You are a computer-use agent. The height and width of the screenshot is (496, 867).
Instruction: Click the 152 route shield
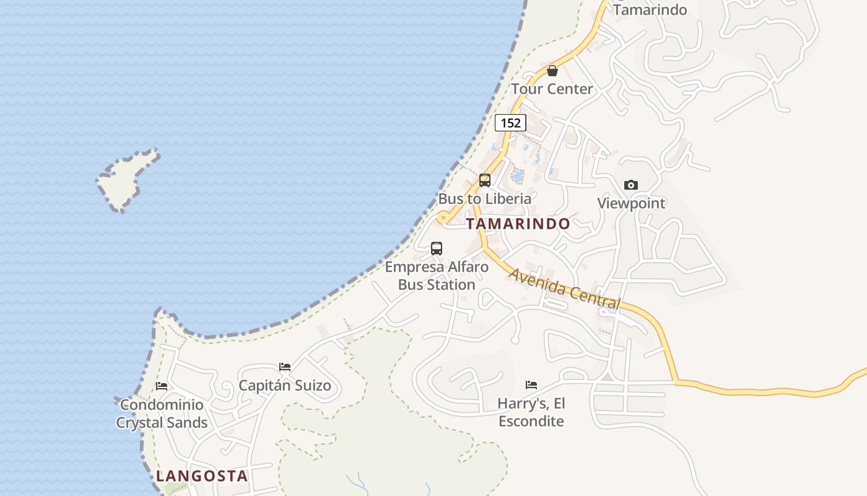510,123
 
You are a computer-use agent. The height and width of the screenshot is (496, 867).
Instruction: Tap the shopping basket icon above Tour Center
552,71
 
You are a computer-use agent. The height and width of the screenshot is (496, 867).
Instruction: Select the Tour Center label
552,89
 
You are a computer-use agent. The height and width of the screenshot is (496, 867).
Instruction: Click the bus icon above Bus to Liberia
485,180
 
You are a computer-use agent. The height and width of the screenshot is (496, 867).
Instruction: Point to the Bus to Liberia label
485,199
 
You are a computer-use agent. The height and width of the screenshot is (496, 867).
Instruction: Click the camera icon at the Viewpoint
631,185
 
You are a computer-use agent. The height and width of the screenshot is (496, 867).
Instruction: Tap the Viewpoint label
631,203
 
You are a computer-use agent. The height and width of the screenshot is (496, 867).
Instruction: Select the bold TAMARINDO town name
518,224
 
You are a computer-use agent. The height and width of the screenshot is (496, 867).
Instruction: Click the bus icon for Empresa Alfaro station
437,249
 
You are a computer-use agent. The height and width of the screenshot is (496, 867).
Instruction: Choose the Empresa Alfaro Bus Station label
437,276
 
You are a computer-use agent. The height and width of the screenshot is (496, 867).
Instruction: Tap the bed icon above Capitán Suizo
285,367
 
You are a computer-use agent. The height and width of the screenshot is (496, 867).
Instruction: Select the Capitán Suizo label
285,386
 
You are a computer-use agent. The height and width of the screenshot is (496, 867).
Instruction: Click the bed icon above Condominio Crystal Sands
162,386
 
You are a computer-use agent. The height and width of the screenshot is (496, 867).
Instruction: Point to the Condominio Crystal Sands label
162,414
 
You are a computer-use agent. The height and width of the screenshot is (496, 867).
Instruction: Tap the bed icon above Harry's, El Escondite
531,385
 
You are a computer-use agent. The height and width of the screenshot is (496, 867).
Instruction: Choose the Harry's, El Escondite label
531,413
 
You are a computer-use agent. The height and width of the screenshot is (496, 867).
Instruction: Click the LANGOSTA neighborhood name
202,476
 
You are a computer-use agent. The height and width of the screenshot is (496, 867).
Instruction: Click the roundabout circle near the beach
443,218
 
